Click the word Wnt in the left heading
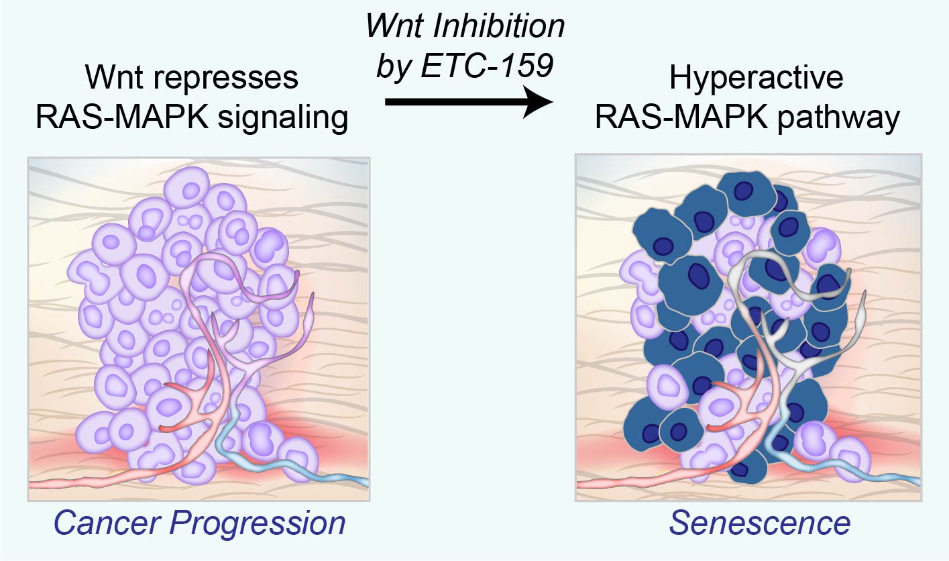[x=115, y=77]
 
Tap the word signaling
[x=282, y=118]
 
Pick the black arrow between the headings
[x=469, y=102]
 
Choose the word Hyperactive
[x=757, y=79]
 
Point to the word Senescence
[x=760, y=522]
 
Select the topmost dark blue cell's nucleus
[x=743, y=191]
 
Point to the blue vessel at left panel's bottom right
[x=292, y=464]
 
